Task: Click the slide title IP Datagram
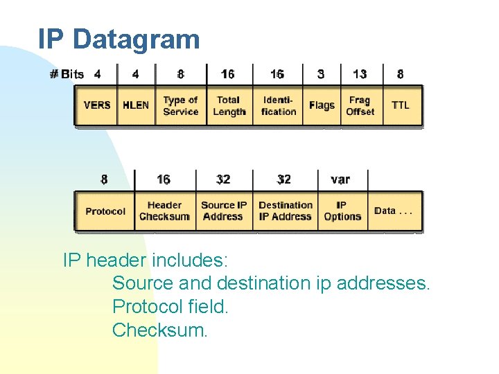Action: point(119,39)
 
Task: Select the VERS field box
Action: point(96,105)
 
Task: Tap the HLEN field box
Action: point(136,105)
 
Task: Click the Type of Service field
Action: point(180,105)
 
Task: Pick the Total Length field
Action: point(229,105)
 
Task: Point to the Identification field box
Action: point(278,105)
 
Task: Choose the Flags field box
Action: point(322,105)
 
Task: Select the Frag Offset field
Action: point(360,105)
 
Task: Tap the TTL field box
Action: point(401,105)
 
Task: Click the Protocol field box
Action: point(105,211)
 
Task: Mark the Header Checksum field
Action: point(164,211)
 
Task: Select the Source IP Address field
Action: point(224,211)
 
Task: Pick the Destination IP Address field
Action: point(286,211)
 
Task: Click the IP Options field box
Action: point(342,211)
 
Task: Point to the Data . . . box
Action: point(394,211)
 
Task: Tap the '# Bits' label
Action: point(67,74)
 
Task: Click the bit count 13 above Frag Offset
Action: point(360,74)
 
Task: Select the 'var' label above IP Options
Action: point(340,179)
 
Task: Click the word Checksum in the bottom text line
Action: point(159,330)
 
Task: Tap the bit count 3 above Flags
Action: point(321,74)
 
